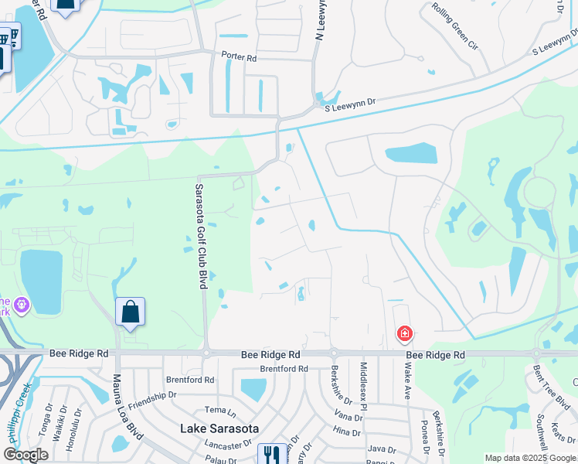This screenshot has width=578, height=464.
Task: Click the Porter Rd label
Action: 239,56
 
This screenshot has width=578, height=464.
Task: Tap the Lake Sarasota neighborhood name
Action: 219,428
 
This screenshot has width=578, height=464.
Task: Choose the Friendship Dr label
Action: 153,396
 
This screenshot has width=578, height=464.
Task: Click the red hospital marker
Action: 404,334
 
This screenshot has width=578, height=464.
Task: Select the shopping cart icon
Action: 8,39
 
